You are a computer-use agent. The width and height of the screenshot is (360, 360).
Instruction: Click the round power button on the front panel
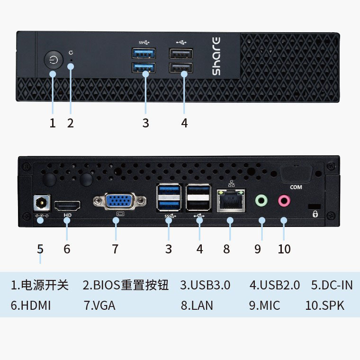54,61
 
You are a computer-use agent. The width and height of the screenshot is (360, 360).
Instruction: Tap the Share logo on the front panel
216,55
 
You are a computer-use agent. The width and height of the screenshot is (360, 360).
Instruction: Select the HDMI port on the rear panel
67,206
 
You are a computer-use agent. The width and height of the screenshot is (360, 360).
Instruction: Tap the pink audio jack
284,200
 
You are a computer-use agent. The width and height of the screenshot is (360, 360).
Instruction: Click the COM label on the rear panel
296,187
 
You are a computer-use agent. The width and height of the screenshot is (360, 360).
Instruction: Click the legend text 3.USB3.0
205,285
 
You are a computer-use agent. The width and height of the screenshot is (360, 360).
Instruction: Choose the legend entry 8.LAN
197,306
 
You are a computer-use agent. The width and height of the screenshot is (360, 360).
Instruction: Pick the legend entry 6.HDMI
31,306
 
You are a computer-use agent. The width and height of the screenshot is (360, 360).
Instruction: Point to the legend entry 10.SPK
325,306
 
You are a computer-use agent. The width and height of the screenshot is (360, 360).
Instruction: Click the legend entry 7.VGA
99,306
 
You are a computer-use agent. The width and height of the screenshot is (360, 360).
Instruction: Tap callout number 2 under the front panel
71,123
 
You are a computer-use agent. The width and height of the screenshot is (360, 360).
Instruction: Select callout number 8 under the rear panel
226,249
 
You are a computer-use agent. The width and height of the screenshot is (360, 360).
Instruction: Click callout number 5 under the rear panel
40,249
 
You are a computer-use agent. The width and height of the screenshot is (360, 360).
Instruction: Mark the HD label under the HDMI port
67,215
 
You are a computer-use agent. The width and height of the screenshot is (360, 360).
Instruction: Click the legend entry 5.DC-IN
332,285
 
